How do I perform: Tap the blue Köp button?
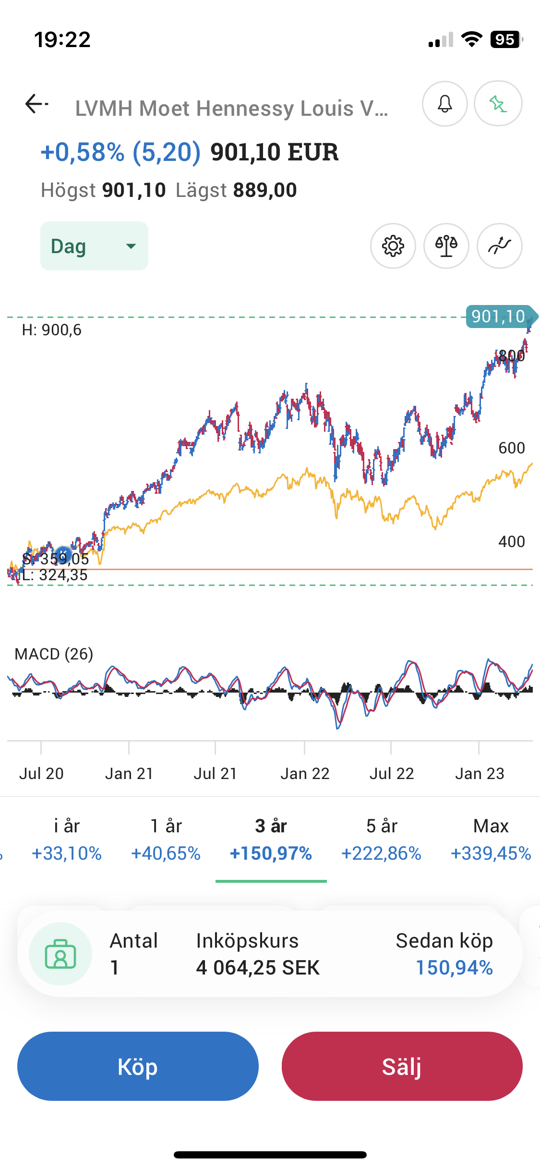[138, 1066]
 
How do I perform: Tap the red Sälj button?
[402, 1066]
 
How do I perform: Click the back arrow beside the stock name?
[36, 104]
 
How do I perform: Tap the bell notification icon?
[444, 104]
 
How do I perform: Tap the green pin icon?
[498, 104]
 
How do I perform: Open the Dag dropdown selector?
[94, 246]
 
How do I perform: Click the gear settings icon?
[393, 246]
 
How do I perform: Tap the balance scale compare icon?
[446, 246]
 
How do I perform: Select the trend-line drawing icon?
[499, 246]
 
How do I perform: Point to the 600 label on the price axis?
[512, 448]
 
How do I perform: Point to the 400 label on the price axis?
[512, 542]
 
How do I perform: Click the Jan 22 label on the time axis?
[305, 774]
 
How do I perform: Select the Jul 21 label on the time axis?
[216, 774]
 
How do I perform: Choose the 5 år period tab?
[382, 840]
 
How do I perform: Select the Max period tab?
[491, 840]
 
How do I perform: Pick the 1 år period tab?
[166, 840]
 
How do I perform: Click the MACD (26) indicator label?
[54, 654]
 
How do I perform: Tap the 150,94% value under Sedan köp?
[454, 968]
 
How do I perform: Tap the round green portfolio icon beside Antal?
[60, 954]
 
